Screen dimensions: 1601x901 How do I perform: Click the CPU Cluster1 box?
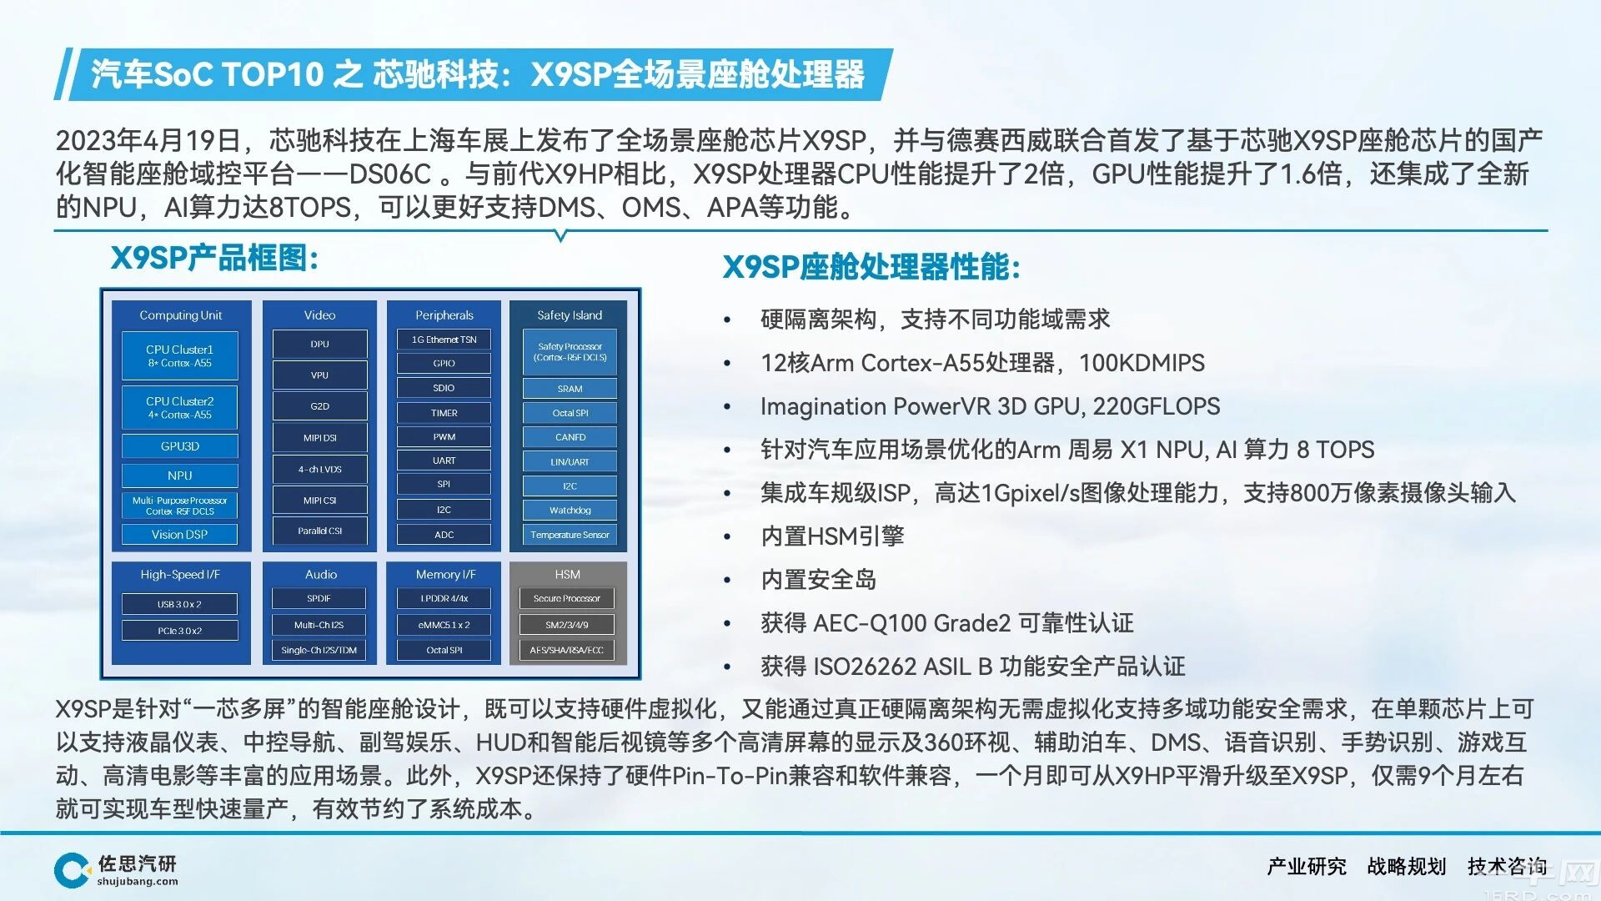(x=180, y=356)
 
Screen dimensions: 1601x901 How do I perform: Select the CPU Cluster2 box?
(x=180, y=407)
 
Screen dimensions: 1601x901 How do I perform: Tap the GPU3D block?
(x=180, y=446)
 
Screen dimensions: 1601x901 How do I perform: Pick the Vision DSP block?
(x=180, y=535)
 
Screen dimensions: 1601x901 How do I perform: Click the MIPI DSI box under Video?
(x=320, y=438)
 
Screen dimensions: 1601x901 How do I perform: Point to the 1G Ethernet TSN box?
(x=444, y=340)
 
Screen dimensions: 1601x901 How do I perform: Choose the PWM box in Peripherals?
(x=444, y=437)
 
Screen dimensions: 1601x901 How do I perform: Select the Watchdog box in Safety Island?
(x=570, y=510)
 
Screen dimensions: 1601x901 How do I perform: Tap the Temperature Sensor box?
(x=570, y=535)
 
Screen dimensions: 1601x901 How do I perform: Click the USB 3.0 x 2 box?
(x=180, y=604)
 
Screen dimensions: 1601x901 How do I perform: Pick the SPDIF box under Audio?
(x=319, y=598)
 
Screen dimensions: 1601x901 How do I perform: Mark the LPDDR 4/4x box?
(x=444, y=598)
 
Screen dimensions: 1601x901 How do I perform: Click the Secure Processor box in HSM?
(x=567, y=598)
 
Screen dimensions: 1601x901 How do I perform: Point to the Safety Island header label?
(x=570, y=315)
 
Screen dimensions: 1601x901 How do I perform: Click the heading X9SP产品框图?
(x=214, y=259)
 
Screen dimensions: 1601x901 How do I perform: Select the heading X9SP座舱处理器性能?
(x=871, y=267)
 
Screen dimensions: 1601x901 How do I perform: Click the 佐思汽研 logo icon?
(x=73, y=870)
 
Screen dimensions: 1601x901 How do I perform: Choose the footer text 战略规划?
(x=1407, y=867)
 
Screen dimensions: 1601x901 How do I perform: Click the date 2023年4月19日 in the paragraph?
(x=148, y=140)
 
